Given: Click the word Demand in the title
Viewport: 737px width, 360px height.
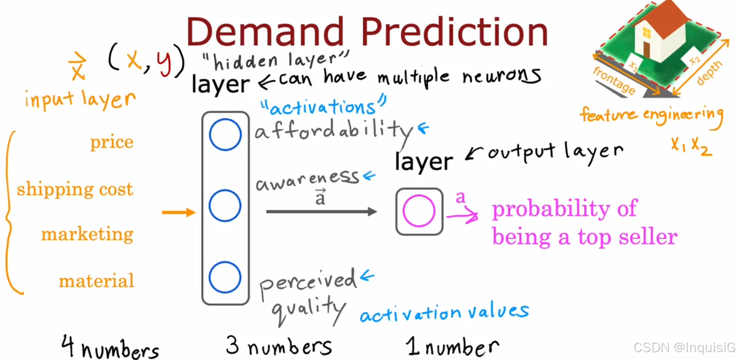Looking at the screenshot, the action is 265,31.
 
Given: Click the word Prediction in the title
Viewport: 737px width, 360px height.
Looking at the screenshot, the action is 454,31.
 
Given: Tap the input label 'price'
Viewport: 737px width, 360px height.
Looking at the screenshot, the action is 112,143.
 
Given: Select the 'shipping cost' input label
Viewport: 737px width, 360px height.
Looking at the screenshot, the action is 75,189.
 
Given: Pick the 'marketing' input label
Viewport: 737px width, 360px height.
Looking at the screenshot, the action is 87,234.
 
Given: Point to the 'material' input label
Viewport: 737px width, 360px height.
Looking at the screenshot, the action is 97,281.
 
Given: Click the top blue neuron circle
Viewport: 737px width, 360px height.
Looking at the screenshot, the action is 225,119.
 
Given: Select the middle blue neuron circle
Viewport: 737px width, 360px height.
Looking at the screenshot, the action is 225,190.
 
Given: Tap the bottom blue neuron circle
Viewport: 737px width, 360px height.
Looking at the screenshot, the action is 225,262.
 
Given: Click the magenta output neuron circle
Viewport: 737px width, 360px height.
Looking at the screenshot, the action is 419,195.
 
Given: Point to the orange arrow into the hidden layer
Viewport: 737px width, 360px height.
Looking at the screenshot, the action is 179,212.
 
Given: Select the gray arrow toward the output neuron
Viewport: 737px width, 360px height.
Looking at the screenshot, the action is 322,212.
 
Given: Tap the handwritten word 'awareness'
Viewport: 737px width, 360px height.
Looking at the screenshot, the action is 308,180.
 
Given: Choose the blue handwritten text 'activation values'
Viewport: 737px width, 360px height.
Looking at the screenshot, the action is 444,312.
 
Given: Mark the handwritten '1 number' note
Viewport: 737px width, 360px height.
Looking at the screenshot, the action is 452,347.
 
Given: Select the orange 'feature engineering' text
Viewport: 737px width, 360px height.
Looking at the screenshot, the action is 652,115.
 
